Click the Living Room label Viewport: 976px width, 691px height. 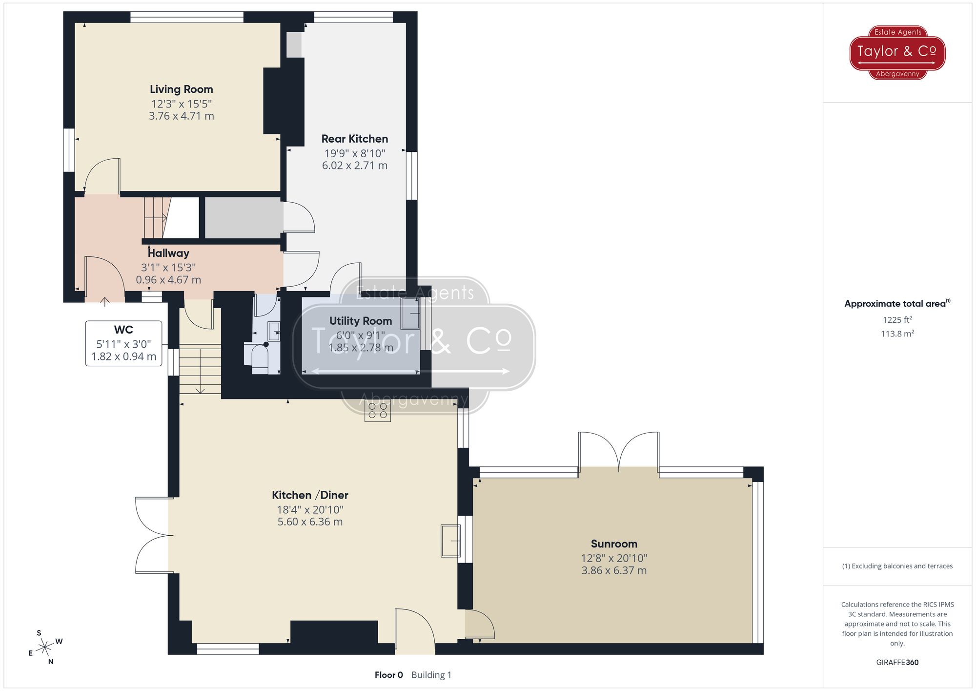click(x=181, y=89)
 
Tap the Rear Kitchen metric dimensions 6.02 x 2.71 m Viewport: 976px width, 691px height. click(x=355, y=166)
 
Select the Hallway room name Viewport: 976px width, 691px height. click(x=168, y=253)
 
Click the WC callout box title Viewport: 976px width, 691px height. click(x=123, y=330)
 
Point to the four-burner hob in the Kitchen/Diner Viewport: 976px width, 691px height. click(x=378, y=411)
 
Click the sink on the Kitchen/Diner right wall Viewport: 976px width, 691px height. click(x=450, y=541)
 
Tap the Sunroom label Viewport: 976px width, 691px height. click(x=614, y=544)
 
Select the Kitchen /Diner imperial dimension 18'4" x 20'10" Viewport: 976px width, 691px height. click(x=310, y=509)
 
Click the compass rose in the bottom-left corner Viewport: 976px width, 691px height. click(x=45, y=648)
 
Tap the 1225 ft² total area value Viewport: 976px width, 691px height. click(x=897, y=320)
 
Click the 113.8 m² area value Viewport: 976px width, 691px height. click(x=897, y=334)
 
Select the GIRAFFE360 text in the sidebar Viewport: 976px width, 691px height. click(x=897, y=662)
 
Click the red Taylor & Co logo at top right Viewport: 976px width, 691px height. click(x=897, y=52)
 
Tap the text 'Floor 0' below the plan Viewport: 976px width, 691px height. click(x=388, y=675)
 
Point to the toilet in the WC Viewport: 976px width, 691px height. click(x=260, y=356)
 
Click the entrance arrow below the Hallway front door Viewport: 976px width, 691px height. click(x=105, y=301)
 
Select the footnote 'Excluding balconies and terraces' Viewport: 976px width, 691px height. click(x=897, y=566)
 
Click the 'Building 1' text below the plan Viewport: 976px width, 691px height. click(x=431, y=675)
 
